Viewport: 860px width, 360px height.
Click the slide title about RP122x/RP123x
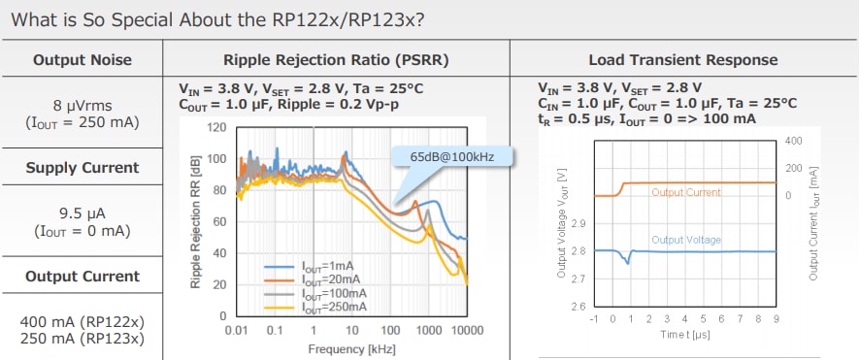click(218, 19)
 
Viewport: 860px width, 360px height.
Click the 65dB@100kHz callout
click(450, 156)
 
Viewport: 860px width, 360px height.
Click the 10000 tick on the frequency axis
click(467, 331)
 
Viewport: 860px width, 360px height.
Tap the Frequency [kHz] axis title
click(350, 348)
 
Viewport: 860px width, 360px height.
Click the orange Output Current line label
click(686, 192)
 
